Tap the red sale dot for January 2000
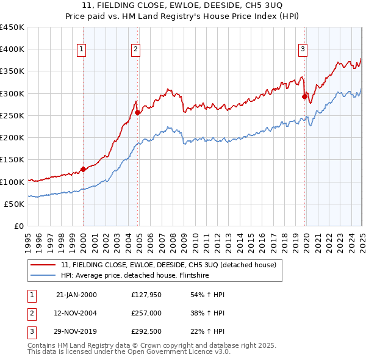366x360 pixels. [x=84, y=169]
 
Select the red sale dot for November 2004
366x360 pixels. [x=138, y=112]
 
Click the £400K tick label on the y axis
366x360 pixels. [x=12, y=49]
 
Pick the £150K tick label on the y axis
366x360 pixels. [x=12, y=160]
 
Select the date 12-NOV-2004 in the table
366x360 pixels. [x=76, y=314]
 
